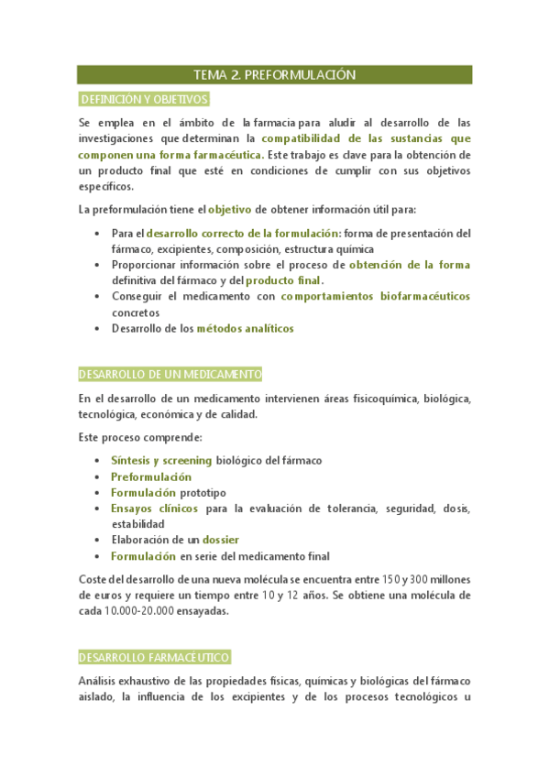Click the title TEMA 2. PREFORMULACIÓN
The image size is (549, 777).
coord(274,74)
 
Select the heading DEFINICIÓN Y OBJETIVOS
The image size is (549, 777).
coord(144,99)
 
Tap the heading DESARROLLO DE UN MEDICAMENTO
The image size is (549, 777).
coord(170,375)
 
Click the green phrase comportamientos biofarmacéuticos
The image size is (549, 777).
coord(376,296)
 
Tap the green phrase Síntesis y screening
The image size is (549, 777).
coord(161,460)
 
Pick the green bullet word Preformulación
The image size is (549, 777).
coord(151,476)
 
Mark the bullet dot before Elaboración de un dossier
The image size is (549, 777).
coord(99,541)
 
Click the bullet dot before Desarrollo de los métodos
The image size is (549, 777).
coord(99,328)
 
